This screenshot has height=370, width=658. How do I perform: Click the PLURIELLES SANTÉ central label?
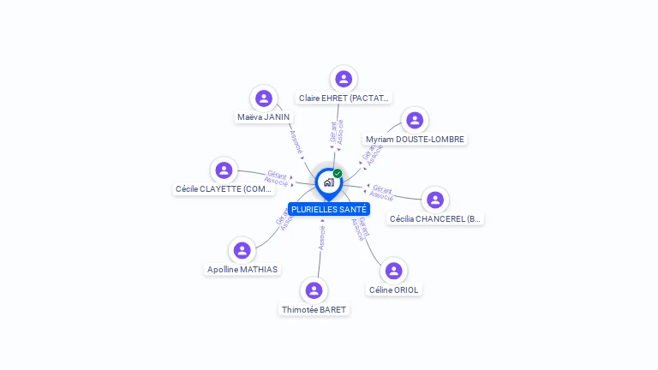[329, 209]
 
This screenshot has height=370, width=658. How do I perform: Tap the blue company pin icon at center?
[328, 182]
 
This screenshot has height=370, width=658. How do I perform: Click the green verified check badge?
[338, 174]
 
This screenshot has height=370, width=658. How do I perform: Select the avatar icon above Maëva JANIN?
[264, 98]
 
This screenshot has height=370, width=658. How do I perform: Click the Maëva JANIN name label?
[264, 117]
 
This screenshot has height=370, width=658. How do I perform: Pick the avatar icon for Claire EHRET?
[344, 79]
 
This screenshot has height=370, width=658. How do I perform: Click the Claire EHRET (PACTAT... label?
[344, 98]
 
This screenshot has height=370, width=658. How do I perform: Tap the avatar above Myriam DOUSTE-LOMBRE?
[415, 120]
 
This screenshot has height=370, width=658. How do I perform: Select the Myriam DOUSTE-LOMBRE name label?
[416, 140]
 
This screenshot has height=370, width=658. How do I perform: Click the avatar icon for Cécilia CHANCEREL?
[435, 200]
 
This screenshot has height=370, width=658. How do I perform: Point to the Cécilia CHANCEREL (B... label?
[435, 219]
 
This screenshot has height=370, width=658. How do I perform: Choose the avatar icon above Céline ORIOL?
[393, 271]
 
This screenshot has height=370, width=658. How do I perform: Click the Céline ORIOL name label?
[394, 290]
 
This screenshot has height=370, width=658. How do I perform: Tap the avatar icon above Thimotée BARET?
[314, 290]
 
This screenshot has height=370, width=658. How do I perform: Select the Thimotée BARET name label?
[314, 310]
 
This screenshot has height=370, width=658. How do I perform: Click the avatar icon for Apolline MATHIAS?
[242, 250]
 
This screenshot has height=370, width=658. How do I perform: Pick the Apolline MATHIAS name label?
[242, 270]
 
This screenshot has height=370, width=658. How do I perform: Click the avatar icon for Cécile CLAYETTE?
[224, 170]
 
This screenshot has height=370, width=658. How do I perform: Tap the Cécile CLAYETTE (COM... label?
[224, 189]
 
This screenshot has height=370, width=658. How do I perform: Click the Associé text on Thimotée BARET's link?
[321, 237]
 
